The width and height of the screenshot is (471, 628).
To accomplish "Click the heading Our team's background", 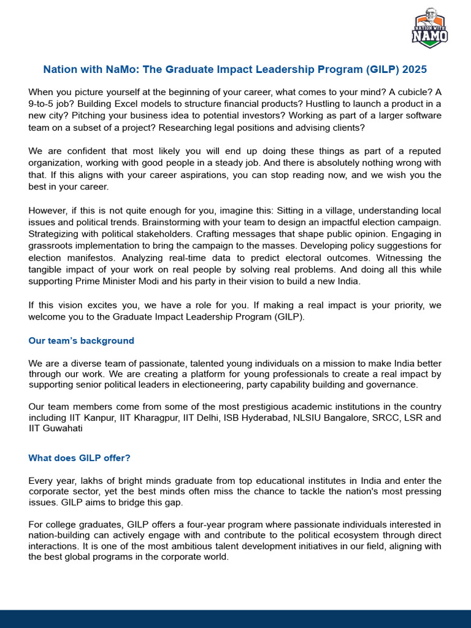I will click(x=82, y=340).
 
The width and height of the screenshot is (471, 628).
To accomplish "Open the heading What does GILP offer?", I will click(x=80, y=458).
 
